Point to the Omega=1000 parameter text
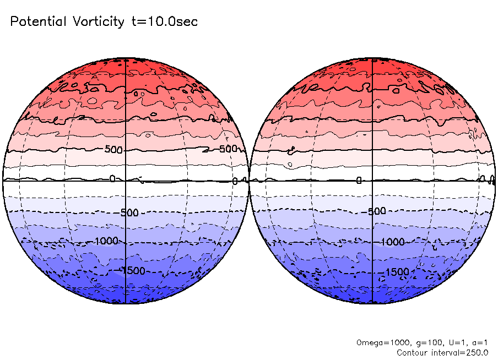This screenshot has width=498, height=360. (x=378, y=342)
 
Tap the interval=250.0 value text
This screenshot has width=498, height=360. (x=458, y=352)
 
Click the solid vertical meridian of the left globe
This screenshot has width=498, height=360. (x=127, y=110)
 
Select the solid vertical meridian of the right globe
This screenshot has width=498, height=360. (x=373, y=110)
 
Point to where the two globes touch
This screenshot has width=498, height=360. (x=249, y=180)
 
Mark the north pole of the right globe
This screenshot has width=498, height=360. (x=373, y=58)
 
